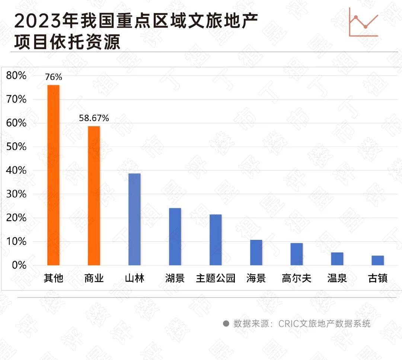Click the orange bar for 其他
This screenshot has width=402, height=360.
tap(53, 175)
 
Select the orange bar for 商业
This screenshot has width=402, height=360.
tap(94, 196)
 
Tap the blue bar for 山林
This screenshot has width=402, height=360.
tap(134, 219)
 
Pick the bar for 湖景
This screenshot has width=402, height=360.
tap(175, 237)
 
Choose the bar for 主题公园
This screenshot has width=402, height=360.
tap(216, 240)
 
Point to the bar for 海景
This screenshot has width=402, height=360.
tap(256, 253)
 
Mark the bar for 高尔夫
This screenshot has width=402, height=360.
tap(297, 254)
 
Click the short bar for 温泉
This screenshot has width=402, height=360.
tap(337, 259)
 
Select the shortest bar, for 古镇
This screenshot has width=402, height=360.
tap(377, 260)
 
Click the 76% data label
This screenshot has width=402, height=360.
tap(54, 77)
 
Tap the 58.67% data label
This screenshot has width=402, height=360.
tap(94, 118)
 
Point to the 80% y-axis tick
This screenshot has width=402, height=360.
tap(17, 75)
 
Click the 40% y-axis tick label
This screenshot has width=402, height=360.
tap(17, 170)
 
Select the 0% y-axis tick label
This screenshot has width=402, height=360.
tap(19, 265)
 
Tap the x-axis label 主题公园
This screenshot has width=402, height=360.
tap(216, 278)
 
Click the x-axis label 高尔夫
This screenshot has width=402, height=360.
tap(297, 278)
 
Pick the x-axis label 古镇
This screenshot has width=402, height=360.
tap(377, 278)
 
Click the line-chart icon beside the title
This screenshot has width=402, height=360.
tap(364, 22)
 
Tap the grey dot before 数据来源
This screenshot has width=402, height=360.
tap(226, 324)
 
